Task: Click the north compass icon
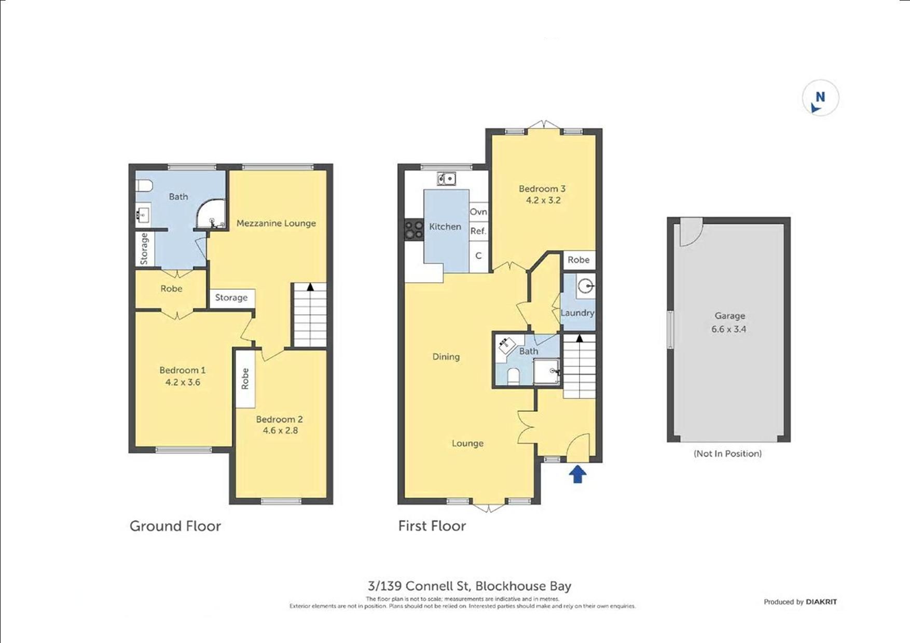[820, 98]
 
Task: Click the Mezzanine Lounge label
[276, 223]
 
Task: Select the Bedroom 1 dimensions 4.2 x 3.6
[183, 382]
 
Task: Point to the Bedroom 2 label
[279, 419]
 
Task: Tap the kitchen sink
[446, 179]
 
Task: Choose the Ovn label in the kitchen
[478, 212]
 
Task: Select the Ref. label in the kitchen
[478, 231]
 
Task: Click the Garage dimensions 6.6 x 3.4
[729, 329]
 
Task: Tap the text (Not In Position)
[728, 454]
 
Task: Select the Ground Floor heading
[175, 526]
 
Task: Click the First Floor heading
[432, 526]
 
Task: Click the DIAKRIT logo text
[821, 602]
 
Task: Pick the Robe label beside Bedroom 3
[578, 260]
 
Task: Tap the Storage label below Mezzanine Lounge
[231, 298]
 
